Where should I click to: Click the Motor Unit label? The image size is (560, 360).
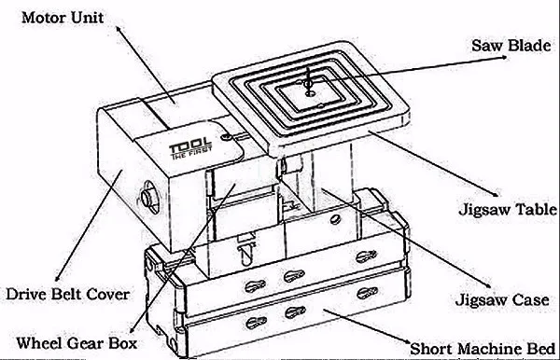point(63,18)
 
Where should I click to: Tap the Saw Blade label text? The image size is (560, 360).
point(511,46)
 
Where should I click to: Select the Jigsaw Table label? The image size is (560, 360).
point(508,209)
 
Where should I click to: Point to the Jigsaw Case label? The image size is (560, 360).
point(502,299)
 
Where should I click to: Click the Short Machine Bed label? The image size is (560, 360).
point(483,349)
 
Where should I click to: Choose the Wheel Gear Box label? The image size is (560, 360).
point(77,343)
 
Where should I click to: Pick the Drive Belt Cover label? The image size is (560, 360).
point(67,295)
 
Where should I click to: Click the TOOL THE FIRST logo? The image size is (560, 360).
point(190,148)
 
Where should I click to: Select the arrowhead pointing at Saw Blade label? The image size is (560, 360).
point(503,57)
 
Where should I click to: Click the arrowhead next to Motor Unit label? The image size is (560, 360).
point(119,30)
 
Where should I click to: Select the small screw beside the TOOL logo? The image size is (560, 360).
point(226,137)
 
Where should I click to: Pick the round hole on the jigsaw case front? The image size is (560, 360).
point(335,219)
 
